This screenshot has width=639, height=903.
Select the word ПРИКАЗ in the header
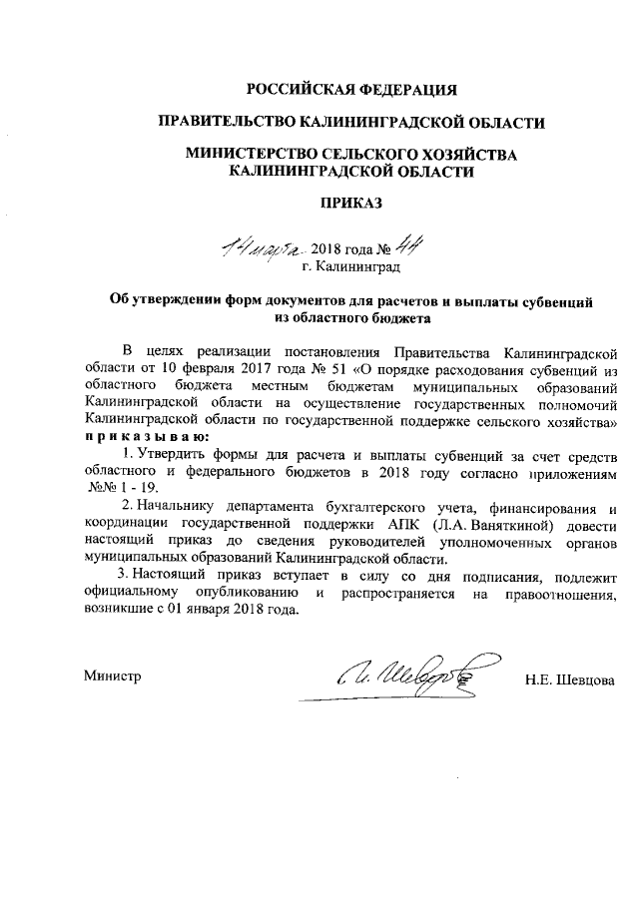(351, 203)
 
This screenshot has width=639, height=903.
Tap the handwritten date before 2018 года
(264, 245)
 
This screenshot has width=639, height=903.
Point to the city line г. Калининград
(350, 267)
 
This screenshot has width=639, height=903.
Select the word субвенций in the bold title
(560, 301)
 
